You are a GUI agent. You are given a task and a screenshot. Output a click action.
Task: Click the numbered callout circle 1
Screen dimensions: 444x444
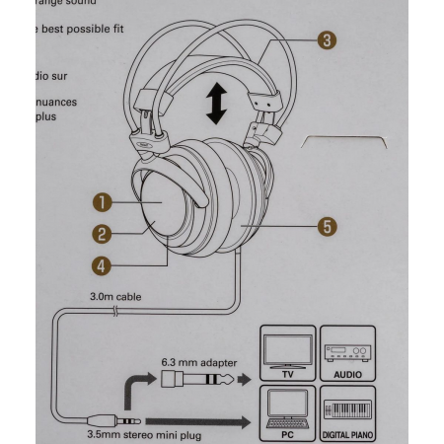click(x=100, y=202)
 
